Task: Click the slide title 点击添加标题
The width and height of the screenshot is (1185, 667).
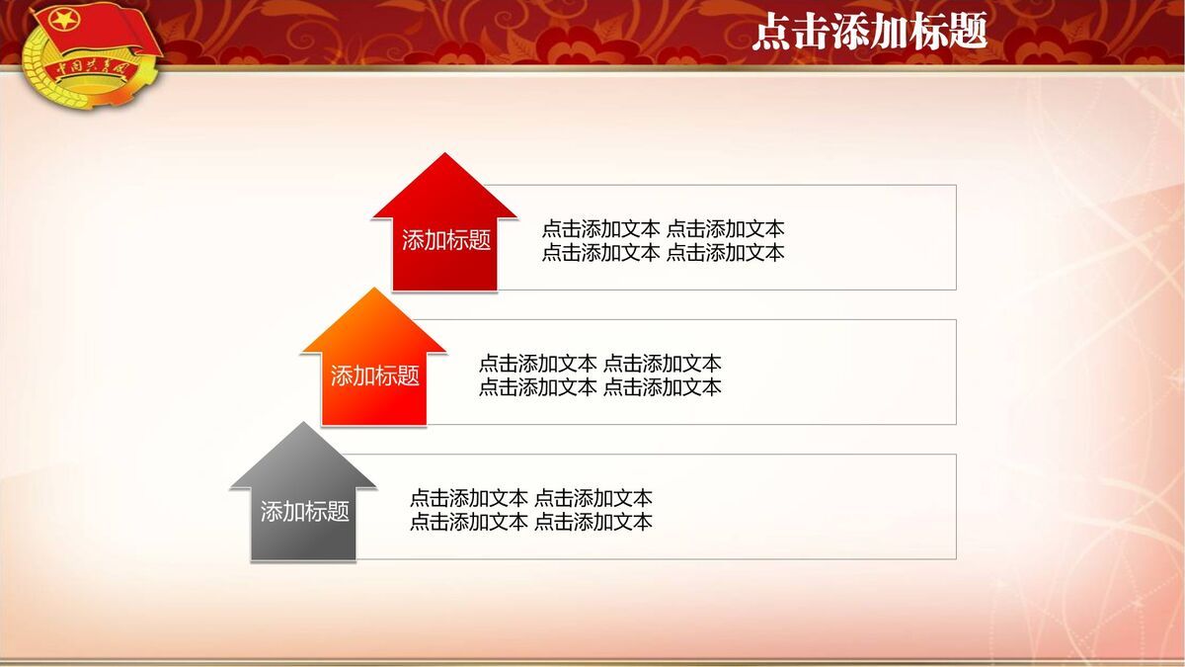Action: tap(869, 33)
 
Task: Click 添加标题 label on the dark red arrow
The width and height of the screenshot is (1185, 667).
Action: tap(445, 240)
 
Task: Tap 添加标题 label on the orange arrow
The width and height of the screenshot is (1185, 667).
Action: tap(374, 375)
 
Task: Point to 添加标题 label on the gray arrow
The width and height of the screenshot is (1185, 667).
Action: tap(304, 511)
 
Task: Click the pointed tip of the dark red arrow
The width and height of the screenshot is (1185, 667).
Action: tap(445, 156)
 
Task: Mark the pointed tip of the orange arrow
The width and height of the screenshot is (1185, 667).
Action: tap(374, 291)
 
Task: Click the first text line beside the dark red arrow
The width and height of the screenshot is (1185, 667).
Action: tap(663, 229)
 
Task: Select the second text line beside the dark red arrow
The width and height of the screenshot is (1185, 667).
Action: tap(663, 252)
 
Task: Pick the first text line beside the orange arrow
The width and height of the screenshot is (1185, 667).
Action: tap(599, 364)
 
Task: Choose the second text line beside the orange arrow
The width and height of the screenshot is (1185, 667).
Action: tap(599, 386)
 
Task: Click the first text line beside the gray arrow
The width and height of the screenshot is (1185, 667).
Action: tap(530, 498)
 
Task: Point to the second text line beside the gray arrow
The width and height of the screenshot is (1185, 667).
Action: tap(530, 522)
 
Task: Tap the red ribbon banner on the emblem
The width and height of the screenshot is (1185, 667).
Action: tap(91, 69)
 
